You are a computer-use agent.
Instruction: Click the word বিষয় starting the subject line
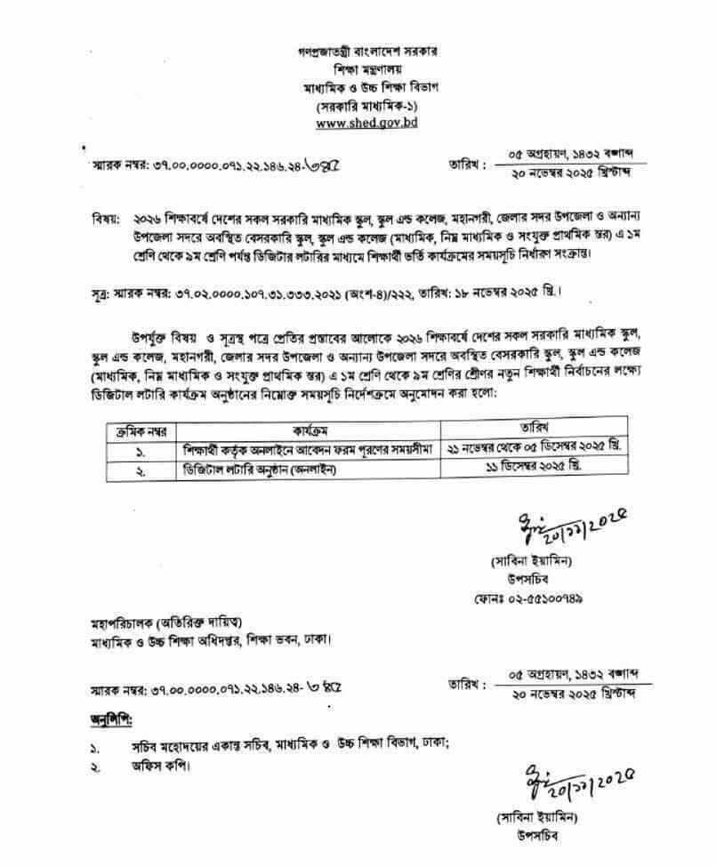point(106,219)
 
